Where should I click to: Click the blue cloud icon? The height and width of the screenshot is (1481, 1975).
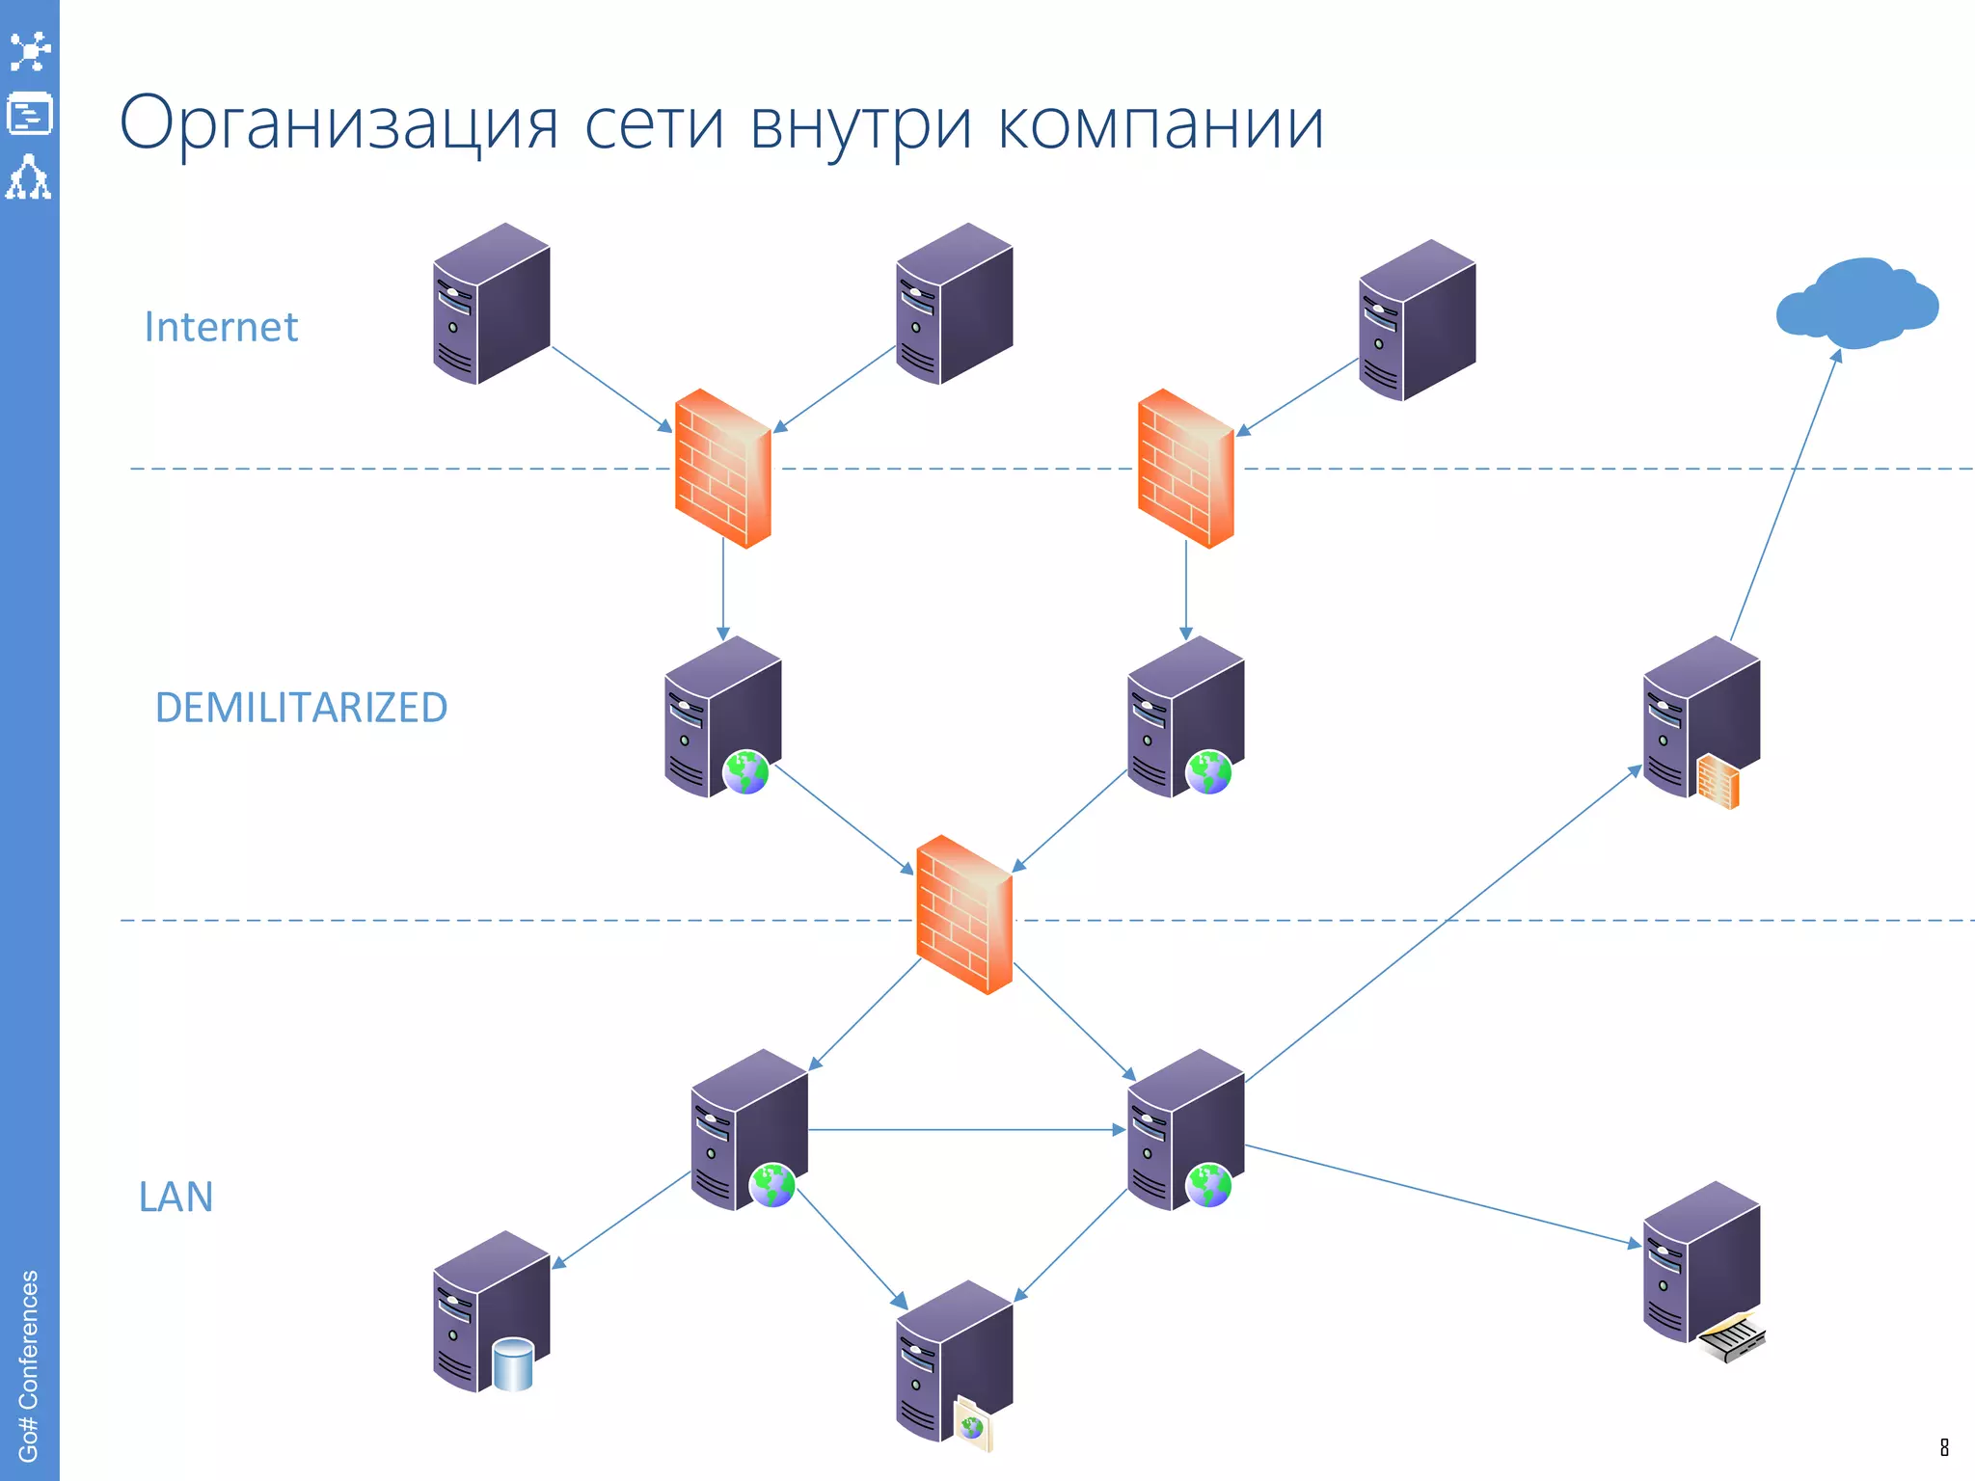pos(1856,303)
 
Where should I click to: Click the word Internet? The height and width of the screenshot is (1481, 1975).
pos(221,327)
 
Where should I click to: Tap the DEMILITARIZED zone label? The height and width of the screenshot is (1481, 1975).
pos(301,708)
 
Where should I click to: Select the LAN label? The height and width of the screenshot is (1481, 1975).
pos(176,1197)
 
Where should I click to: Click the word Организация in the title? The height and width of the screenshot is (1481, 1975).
pos(338,123)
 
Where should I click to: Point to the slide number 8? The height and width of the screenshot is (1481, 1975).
pos(1944,1447)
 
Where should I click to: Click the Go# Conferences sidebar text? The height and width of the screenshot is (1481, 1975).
pos(29,1364)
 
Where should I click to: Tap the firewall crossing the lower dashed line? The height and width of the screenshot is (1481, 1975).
pos(964,914)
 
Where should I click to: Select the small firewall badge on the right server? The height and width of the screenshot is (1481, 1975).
pos(1718,781)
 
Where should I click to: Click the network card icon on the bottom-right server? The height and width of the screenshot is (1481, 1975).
pos(1732,1338)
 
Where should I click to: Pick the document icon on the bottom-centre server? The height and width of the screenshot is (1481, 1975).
pos(972,1424)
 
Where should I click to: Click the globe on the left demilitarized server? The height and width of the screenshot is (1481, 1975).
pos(745,771)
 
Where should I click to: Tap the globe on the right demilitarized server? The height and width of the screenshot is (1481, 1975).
pos(1208,771)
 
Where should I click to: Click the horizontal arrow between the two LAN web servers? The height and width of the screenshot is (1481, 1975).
pos(964,1129)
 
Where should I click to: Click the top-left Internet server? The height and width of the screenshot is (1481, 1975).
pos(492,304)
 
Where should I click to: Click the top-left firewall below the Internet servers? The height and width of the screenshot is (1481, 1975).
pos(723,469)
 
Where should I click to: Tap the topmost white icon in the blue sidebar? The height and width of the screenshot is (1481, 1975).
pos(29,51)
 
